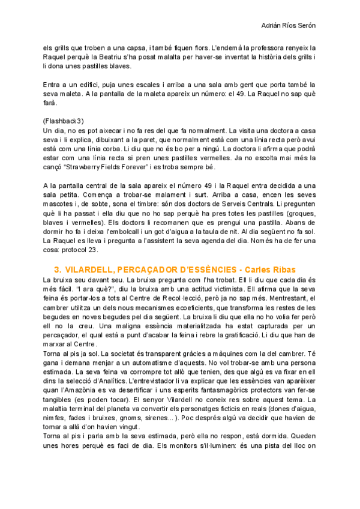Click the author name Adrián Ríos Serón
289,26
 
